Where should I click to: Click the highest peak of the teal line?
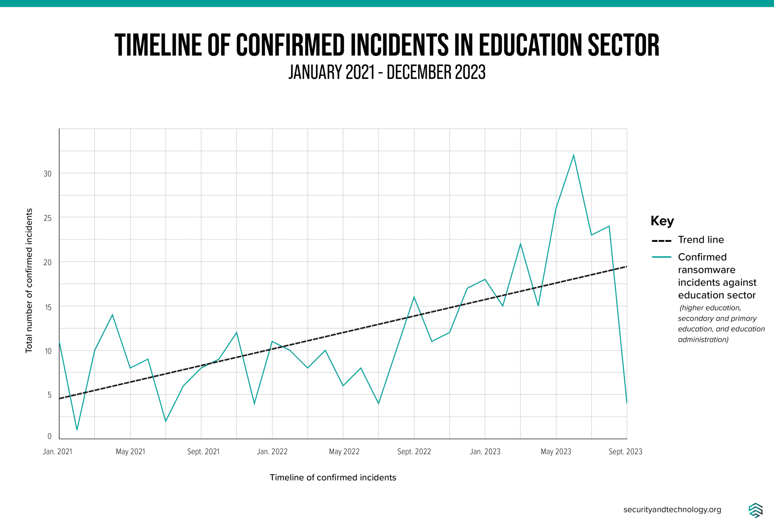coord(573,155)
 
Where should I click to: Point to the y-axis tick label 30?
coord(47,174)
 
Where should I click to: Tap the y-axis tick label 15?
coord(48,307)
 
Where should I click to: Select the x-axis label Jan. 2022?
coord(272,452)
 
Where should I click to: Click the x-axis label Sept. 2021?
coord(203,452)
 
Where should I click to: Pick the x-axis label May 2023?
coord(556,452)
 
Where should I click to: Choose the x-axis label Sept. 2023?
coord(625,452)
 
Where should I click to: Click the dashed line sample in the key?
coord(661,241)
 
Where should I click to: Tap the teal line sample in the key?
coord(661,257)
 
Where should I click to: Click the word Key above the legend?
coord(662,221)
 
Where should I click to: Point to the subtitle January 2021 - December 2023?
coord(387,72)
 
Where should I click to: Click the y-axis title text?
coord(29,280)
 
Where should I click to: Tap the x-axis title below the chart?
coord(333,478)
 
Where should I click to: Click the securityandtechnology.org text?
coord(672,510)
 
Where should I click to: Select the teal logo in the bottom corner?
coord(755,510)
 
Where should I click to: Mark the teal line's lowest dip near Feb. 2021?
coord(77,430)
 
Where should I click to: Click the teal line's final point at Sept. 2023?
coord(627,403)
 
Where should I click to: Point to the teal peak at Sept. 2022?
coord(414,297)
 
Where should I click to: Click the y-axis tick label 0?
coord(50,436)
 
